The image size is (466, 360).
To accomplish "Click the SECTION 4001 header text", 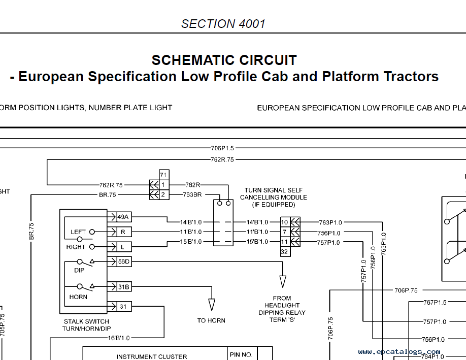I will (223, 23).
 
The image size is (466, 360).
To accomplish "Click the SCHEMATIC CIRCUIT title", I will (224, 60).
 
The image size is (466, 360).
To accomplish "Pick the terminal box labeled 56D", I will (123, 261).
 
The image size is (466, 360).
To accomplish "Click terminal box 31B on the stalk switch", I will (123, 287).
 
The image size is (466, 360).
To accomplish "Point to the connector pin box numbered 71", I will (163, 175).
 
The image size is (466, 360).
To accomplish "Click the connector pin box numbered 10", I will (285, 222).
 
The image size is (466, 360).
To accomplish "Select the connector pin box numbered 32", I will (285, 251).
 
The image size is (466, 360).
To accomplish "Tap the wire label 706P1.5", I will (222, 148).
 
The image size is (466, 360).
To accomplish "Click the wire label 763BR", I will (193, 194).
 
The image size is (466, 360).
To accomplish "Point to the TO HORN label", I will (211, 320).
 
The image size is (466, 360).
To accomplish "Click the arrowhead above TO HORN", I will (212, 305).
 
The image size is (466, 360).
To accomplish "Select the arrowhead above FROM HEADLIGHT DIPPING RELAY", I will (282, 282).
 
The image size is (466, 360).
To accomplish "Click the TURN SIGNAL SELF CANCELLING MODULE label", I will (274, 197).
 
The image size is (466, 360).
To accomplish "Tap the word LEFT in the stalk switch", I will (78, 232).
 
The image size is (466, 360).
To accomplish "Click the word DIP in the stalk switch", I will (79, 270).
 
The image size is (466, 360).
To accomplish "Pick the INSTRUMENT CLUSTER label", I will (152, 356).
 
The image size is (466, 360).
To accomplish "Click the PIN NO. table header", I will (241, 354).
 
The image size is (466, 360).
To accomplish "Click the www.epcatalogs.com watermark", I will (399, 351).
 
